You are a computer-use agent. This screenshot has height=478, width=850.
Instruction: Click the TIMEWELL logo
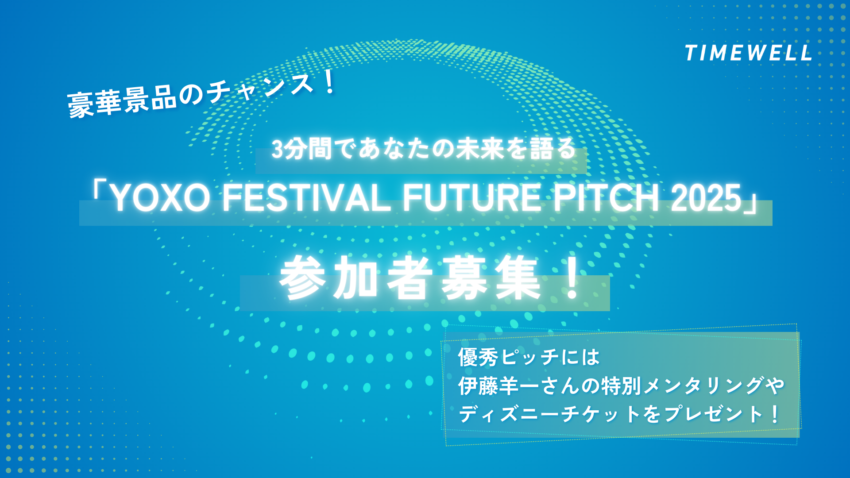pos(748,53)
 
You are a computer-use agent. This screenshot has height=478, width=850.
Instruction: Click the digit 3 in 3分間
pos(277,149)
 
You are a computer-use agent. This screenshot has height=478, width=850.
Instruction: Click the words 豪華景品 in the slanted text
pos(123,101)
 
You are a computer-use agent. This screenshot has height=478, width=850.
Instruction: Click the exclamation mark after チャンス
pos(329,81)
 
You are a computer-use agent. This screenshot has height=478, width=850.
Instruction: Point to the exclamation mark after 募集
pos(572,278)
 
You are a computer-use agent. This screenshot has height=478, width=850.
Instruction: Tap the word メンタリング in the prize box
pos(703,386)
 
